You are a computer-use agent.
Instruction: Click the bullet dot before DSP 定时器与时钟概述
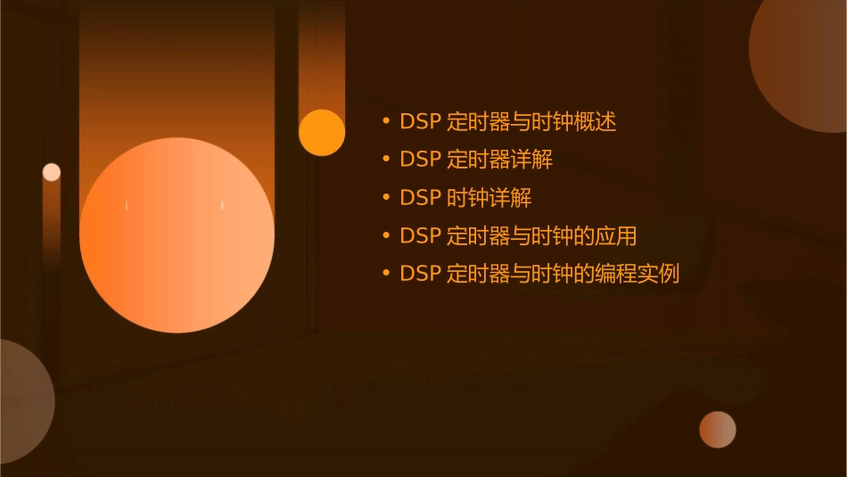(x=385, y=122)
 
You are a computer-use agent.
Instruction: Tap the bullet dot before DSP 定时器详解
(x=385, y=160)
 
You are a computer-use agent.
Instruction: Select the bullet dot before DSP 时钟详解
(x=385, y=198)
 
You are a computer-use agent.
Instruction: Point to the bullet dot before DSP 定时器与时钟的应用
(x=385, y=236)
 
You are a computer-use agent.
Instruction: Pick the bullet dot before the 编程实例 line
(x=385, y=274)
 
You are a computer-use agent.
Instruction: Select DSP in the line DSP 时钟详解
(x=420, y=198)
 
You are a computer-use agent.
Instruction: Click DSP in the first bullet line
(x=420, y=121)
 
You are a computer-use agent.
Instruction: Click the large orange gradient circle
(x=177, y=234)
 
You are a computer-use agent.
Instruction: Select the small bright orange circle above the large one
(x=322, y=133)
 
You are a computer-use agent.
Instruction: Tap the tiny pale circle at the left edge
(x=52, y=172)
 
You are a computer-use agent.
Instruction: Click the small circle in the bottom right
(x=718, y=430)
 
